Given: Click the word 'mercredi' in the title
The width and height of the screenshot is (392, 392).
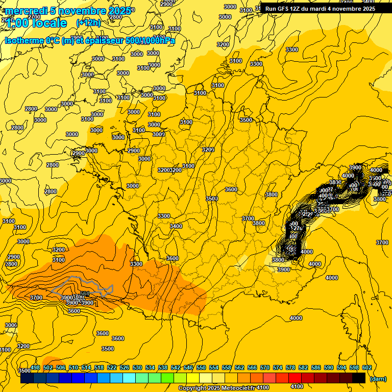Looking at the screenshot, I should click(x=24, y=11).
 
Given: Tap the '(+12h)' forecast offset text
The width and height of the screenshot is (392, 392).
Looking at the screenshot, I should click(x=89, y=22).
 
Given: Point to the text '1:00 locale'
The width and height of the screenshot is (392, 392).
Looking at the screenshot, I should click(x=36, y=23).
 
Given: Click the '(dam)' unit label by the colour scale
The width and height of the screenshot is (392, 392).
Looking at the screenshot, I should click(x=378, y=378).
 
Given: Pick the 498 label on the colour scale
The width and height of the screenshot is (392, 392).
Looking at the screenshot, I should click(x=35, y=367).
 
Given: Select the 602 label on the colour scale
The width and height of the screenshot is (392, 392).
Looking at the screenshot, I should click(x=366, y=367).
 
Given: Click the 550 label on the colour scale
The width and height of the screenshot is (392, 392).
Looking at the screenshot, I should click(x=201, y=367).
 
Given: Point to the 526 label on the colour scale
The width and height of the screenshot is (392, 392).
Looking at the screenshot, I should click(x=125, y=367).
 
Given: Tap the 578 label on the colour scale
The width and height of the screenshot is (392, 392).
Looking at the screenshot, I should click(x=290, y=367).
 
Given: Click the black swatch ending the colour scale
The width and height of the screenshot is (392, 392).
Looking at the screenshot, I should click(x=359, y=378).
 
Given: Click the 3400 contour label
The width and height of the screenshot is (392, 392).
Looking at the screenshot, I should click(x=176, y=226).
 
